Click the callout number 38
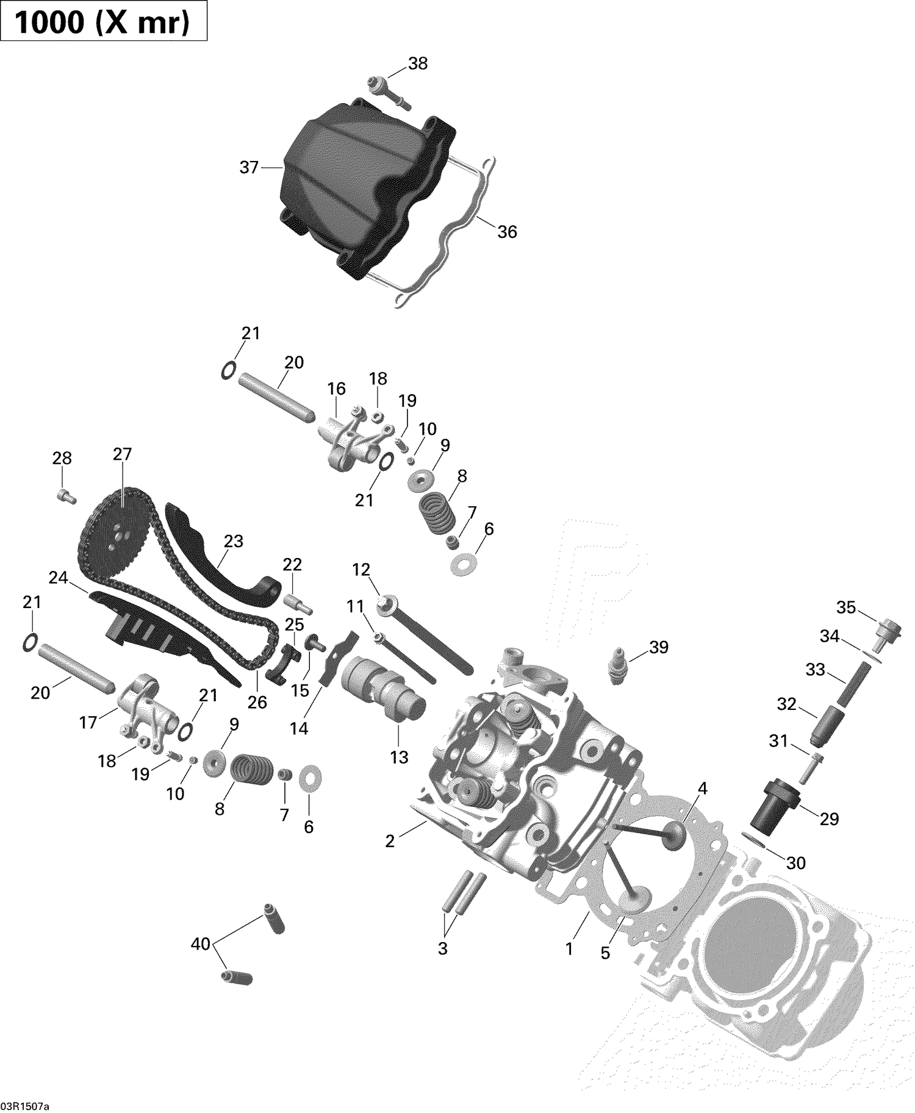pyautogui.click(x=418, y=63)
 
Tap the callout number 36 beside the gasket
pyautogui.click(x=507, y=232)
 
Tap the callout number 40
pyautogui.click(x=201, y=944)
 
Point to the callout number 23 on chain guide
pyautogui.click(x=234, y=541)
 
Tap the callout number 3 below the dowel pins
pyautogui.click(x=443, y=948)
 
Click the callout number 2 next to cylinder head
pyautogui.click(x=390, y=841)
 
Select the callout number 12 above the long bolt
pyautogui.click(x=361, y=570)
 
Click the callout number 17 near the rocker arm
pyautogui.click(x=88, y=722)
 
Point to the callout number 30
pyautogui.click(x=796, y=863)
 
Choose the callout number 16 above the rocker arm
pyautogui.click(x=336, y=388)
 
